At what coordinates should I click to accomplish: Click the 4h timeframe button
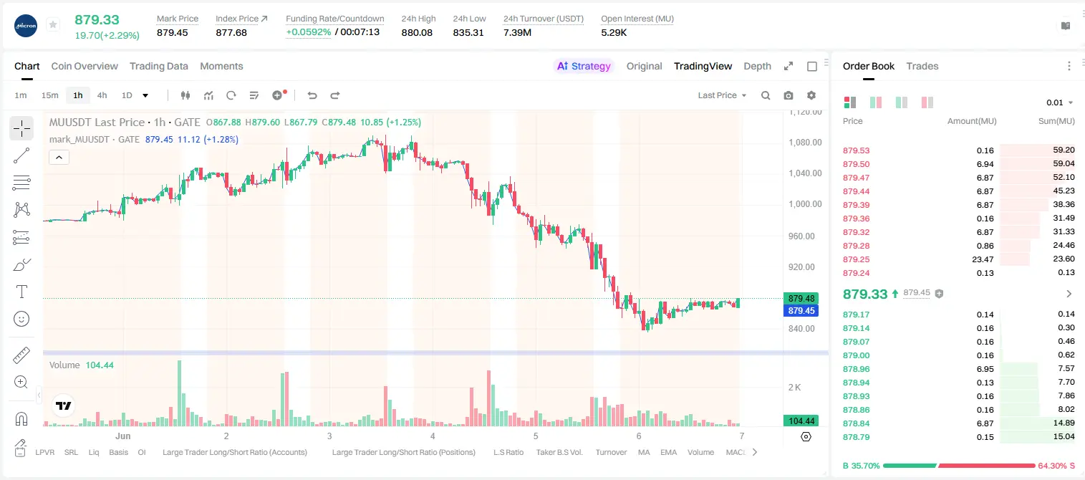pyautogui.click(x=102, y=95)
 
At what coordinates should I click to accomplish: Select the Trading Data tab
pyautogui.click(x=159, y=66)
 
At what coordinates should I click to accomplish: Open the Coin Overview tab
pyautogui.click(x=85, y=66)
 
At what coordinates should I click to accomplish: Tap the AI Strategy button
pyautogui.click(x=584, y=66)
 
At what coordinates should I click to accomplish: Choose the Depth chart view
pyautogui.click(x=757, y=66)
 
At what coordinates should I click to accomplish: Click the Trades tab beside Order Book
pyautogui.click(x=922, y=66)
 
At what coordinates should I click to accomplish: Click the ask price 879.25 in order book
pyautogui.click(x=856, y=259)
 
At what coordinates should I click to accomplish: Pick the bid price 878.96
pyautogui.click(x=856, y=369)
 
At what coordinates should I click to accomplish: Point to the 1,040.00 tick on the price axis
pyautogui.click(x=805, y=173)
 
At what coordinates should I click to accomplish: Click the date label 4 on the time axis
pyautogui.click(x=433, y=436)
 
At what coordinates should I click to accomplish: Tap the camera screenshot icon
pyautogui.click(x=789, y=95)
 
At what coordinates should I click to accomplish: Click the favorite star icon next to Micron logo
pyautogui.click(x=53, y=24)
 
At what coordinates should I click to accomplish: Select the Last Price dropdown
pyautogui.click(x=722, y=95)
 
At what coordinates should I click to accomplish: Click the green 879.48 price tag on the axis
pyautogui.click(x=801, y=298)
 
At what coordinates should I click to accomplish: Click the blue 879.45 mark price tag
pyautogui.click(x=801, y=310)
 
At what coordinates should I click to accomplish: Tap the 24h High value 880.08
pyautogui.click(x=417, y=32)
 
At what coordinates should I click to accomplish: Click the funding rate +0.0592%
pyautogui.click(x=309, y=32)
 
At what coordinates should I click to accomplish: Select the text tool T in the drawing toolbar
pyautogui.click(x=21, y=292)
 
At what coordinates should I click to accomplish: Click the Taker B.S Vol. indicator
pyautogui.click(x=559, y=452)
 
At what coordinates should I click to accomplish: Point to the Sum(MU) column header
pyautogui.click(x=1056, y=120)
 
